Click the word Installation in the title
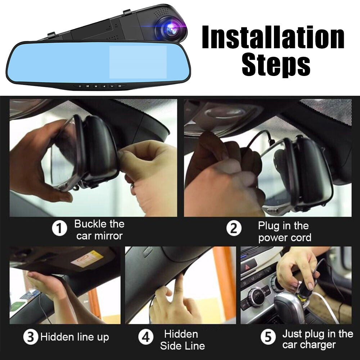(x=273, y=37)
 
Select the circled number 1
(x=60, y=229)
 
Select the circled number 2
(x=234, y=229)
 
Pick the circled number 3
(x=31, y=337)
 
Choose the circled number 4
(x=146, y=337)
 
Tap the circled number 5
(x=268, y=337)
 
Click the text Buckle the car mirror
(x=99, y=230)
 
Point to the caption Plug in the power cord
(x=284, y=232)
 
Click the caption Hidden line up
(x=75, y=337)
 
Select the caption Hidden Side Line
(x=182, y=340)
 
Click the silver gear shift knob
(x=288, y=306)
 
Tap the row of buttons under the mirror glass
(x=100, y=86)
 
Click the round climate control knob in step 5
(x=256, y=297)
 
